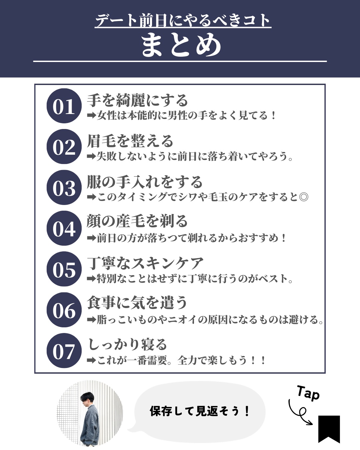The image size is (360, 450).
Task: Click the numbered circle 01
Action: (64, 106)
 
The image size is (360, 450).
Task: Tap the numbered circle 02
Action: (64, 147)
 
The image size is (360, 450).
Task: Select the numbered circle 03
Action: (64, 187)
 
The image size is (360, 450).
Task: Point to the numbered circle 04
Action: (64, 228)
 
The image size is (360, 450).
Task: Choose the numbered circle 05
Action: (64, 269)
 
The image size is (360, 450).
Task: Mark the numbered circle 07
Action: (64, 351)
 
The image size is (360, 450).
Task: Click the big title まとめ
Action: (181, 45)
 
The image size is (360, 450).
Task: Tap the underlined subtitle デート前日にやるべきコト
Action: (183, 20)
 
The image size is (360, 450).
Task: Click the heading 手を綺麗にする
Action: (137, 100)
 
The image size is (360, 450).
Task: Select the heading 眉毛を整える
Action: (130, 141)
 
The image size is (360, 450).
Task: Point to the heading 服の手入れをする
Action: (144, 182)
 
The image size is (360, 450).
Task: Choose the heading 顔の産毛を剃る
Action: (137, 221)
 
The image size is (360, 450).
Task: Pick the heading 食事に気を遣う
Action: (137, 303)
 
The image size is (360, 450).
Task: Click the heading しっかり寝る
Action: (127, 344)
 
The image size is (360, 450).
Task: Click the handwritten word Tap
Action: (308, 393)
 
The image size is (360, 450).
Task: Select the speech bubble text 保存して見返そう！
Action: (200, 411)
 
